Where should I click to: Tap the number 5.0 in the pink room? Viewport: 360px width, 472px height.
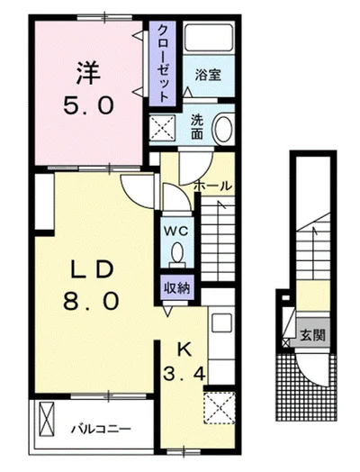(86, 106)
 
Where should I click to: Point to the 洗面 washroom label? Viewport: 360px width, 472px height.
(197, 126)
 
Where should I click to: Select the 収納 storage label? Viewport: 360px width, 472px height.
(176, 288)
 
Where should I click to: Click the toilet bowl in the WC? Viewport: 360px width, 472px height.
(176, 255)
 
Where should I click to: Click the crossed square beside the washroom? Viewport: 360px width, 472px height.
(165, 128)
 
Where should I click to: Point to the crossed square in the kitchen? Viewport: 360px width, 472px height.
(219, 407)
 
